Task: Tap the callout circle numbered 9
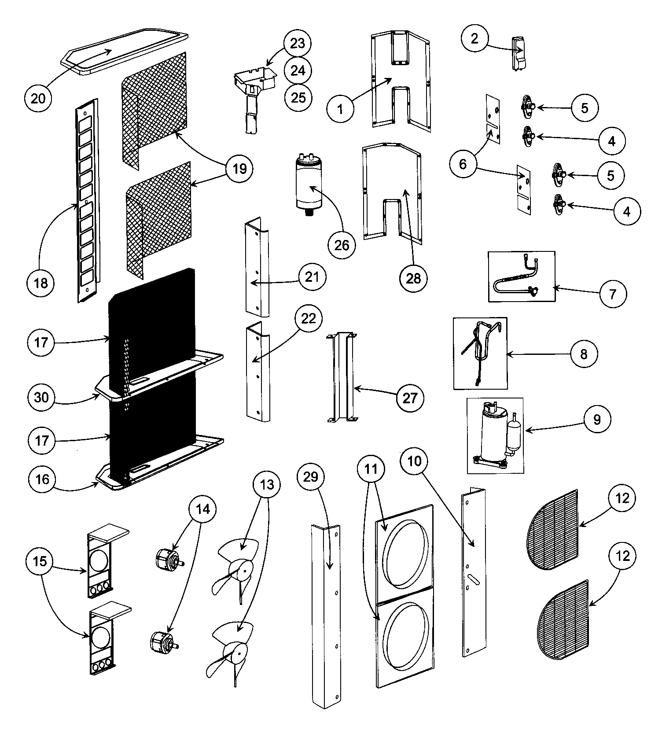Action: coord(596,419)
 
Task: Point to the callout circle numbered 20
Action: coord(38,98)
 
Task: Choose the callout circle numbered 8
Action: coord(584,354)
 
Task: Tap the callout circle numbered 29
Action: coord(311,476)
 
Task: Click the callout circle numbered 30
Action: coord(41,397)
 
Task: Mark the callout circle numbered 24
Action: coord(298,70)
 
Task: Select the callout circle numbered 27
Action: coord(409,398)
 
